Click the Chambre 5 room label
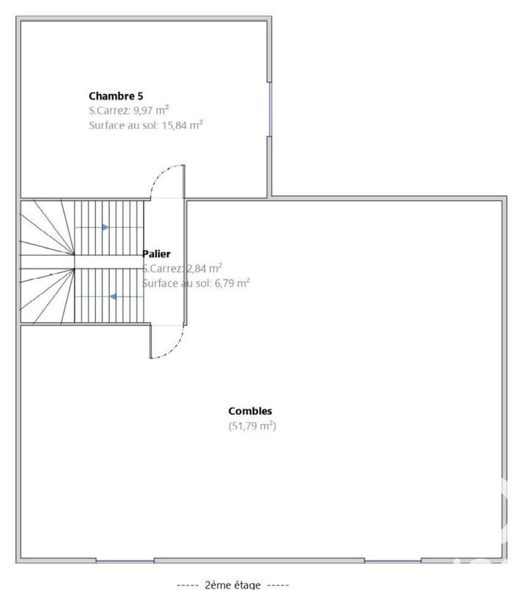(116, 96)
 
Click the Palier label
(156, 254)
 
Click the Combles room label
(251, 412)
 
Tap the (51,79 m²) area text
(252, 426)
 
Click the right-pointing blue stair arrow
(105, 227)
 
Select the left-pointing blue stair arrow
(115, 296)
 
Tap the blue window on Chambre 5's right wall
(270, 109)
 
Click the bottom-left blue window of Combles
(125, 561)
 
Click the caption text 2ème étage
(233, 585)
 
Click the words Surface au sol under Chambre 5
(119, 125)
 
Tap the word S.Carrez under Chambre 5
(108, 111)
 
